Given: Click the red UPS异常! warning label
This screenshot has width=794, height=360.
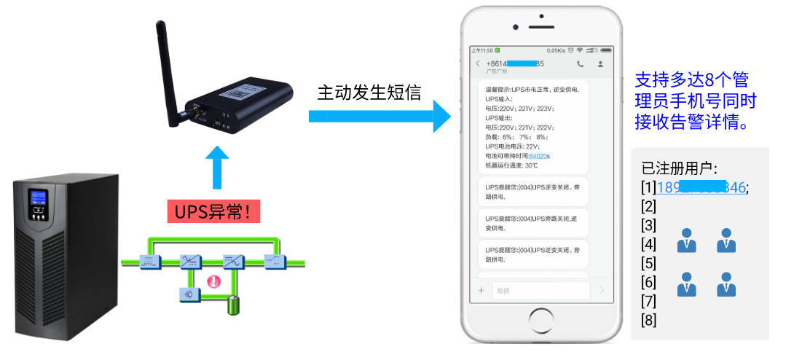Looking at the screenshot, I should point(213,211).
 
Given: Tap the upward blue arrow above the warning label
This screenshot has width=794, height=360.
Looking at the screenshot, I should point(216,169).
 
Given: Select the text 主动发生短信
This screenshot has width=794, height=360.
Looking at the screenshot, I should point(369,93).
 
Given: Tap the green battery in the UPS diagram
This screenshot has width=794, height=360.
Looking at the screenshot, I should point(234,305).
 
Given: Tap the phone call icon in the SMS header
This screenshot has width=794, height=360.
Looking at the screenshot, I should point(580,64).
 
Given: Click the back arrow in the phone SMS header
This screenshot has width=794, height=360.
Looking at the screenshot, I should point(478,64).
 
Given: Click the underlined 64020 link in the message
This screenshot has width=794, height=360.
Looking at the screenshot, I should point(539,155).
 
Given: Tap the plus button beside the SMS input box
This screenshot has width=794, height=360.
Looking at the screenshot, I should point(481,290).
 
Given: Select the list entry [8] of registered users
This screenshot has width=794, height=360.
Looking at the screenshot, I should point(648,319).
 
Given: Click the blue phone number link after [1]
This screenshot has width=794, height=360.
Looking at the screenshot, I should point(701,187).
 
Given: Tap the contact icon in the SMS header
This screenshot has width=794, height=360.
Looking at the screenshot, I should point(600,64).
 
